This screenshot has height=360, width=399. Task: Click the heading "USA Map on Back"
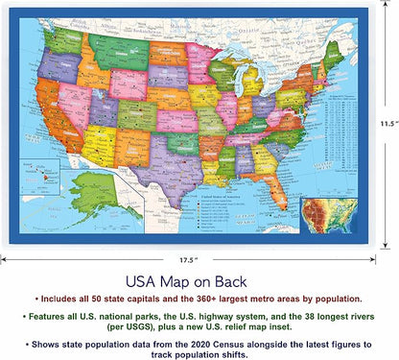(199, 284)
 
